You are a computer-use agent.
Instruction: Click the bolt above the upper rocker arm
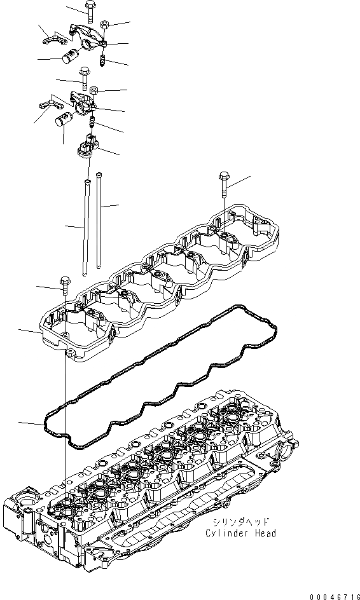(90, 11)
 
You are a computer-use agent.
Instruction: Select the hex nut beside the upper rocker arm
(104, 25)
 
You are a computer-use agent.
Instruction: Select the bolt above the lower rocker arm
(84, 78)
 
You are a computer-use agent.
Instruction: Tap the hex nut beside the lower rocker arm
(94, 91)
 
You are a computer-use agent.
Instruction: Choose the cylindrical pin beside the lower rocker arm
(64, 119)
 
